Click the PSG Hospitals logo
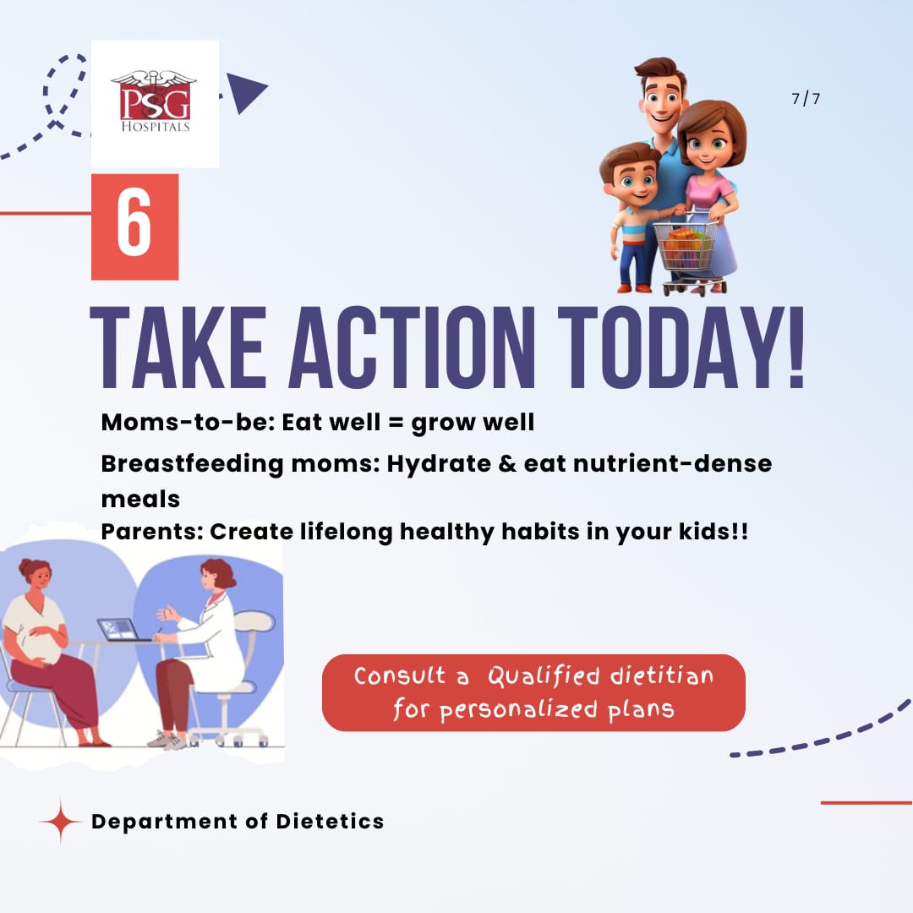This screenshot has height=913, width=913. click(x=155, y=102)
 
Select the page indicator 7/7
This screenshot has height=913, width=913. click(x=806, y=98)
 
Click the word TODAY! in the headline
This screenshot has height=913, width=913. click(x=681, y=347)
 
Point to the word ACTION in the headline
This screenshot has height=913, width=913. click(x=412, y=347)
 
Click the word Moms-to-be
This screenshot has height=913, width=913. click(x=188, y=422)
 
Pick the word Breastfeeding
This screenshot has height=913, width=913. click(x=192, y=464)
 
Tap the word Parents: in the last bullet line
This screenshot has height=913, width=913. click(x=152, y=532)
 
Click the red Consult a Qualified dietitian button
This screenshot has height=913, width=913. click(x=533, y=692)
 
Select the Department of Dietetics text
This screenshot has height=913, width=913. click(x=238, y=821)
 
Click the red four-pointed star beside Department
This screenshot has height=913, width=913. click(x=60, y=821)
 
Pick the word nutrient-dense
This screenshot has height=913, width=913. click(x=673, y=463)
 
